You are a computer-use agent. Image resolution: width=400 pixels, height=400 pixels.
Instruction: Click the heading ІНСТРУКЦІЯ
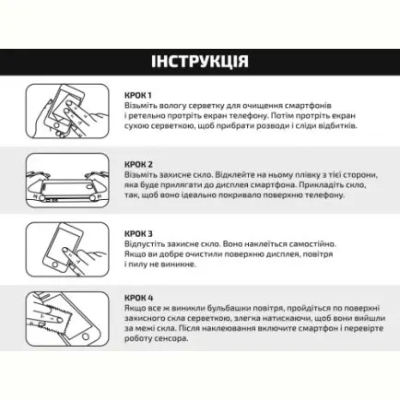pyautogui.click(x=199, y=62)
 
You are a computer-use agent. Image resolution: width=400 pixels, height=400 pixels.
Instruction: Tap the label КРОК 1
pyautogui.click(x=138, y=95)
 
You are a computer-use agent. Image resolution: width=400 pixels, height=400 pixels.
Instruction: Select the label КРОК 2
pyautogui.click(x=138, y=164)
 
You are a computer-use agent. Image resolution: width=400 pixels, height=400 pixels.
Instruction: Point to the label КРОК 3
pyautogui.click(x=138, y=234)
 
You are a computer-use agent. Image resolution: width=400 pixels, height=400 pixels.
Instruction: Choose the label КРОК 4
pyautogui.click(x=138, y=298)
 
